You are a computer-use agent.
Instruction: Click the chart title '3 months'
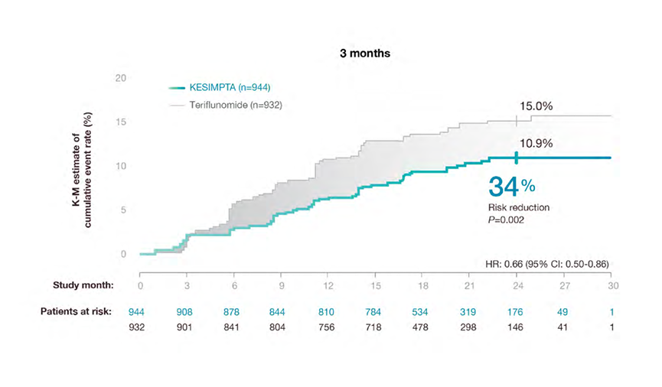point(366,54)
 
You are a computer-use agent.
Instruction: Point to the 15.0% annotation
point(536,107)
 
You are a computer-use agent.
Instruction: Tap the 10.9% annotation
point(536,143)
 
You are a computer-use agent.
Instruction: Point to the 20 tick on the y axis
point(120,78)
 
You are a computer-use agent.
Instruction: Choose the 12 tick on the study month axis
point(328,285)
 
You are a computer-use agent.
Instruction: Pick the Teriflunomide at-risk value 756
point(328,327)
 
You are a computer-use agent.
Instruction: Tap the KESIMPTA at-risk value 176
point(516,312)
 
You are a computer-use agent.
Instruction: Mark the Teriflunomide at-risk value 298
point(469,327)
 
